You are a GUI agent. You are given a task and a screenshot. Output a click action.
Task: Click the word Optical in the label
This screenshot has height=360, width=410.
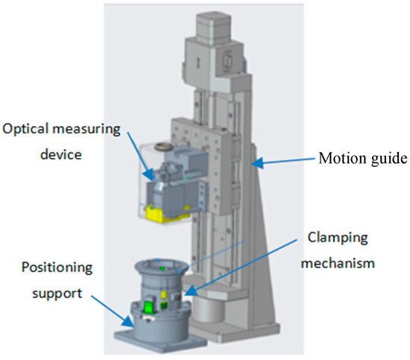[26, 130]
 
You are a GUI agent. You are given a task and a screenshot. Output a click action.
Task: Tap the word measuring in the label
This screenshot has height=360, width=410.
[86, 130]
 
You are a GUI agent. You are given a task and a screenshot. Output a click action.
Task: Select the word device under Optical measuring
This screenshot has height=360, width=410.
[61, 154]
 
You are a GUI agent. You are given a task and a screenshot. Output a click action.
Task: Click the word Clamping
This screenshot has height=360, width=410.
[338, 239]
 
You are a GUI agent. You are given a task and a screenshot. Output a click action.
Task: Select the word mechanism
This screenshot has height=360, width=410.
[338, 263]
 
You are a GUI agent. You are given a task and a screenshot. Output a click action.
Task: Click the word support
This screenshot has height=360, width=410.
[57, 294]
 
